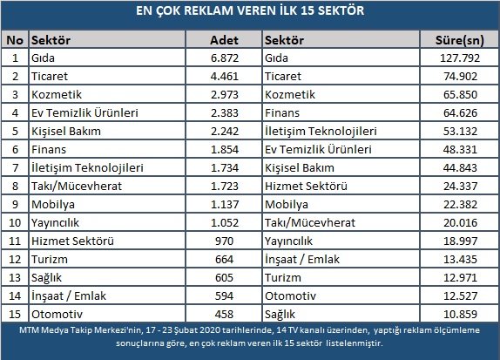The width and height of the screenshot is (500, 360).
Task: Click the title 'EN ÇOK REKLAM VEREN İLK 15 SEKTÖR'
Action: [250, 10]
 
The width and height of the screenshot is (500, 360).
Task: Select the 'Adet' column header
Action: [224, 40]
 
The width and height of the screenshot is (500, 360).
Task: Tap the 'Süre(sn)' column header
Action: [460, 40]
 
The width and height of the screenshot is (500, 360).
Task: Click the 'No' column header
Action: [15, 40]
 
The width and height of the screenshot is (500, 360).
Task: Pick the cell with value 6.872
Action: [225, 58]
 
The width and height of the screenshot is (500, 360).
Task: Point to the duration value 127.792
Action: [460, 58]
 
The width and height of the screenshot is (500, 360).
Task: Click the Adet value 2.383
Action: [225, 113]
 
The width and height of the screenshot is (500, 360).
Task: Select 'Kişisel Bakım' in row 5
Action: [66, 132]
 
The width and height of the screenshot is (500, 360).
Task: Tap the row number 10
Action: [15, 223]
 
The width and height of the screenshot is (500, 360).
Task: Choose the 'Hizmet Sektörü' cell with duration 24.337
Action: [306, 186]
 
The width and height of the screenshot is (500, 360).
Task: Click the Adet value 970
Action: [224, 241]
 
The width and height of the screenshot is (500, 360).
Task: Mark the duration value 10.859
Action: [460, 315]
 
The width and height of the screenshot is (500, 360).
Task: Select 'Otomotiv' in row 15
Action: [57, 315]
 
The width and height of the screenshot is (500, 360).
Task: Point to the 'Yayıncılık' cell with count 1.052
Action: [55, 223]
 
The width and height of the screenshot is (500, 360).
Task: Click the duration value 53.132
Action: [460, 131]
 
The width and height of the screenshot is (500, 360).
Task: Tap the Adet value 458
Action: [224, 315]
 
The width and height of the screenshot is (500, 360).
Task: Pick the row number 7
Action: [15, 168]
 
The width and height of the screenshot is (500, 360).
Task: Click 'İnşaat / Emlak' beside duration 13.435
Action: [302, 260]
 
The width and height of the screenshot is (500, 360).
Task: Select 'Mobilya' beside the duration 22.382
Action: [287, 205]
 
